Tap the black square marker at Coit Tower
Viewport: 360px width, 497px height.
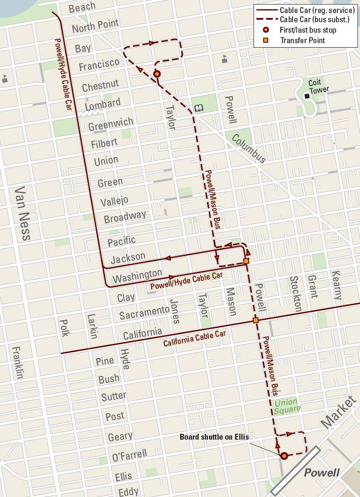(307, 96)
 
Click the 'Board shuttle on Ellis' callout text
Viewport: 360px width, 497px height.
(214, 437)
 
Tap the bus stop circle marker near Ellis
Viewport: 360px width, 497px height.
(284, 456)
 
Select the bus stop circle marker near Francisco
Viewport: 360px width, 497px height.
(157, 74)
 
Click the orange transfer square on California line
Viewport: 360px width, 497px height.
(256, 320)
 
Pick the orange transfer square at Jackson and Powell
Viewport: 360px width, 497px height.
(246, 261)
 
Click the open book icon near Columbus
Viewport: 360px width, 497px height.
(198, 108)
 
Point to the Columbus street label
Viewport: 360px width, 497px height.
(249, 148)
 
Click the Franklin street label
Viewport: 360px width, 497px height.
(18, 363)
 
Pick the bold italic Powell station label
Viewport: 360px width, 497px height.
(322, 473)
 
